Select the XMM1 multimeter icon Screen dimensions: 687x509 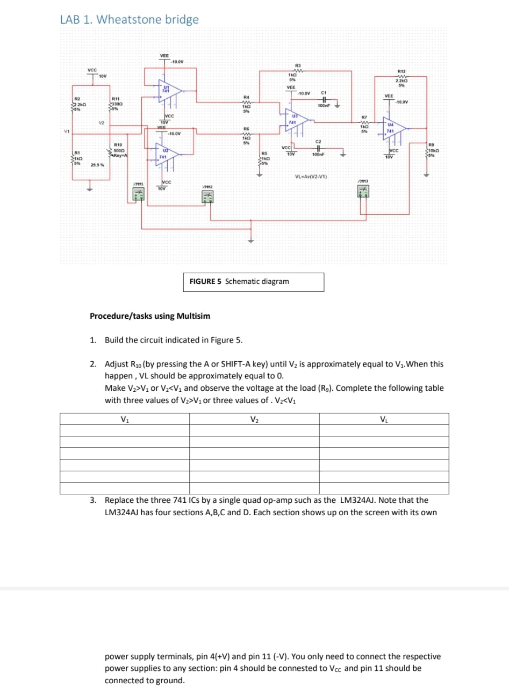pyautogui.click(x=138, y=195)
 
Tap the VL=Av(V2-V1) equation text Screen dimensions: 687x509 pyautogui.click(x=312, y=177)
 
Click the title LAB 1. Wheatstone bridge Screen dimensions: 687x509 pyautogui.click(x=130, y=19)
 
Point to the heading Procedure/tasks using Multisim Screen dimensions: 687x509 pyautogui.click(x=150, y=316)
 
